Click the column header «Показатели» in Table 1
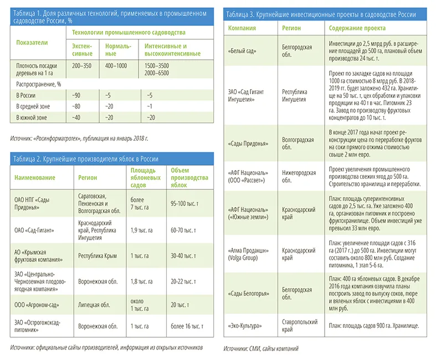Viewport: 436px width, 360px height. coord(32,43)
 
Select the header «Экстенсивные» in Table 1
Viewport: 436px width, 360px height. coord(82,50)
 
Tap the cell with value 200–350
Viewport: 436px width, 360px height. coord(82,65)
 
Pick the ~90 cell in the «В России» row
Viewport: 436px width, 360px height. coord(76,95)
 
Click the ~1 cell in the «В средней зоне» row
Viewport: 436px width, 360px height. coord(150,106)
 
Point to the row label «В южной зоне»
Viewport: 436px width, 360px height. coord(32,117)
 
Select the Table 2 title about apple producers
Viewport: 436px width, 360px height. coord(86,159)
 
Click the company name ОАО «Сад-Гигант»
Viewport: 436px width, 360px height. coord(34,230)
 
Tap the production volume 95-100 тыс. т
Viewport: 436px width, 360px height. coord(184,203)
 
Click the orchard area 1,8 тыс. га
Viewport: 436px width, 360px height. coord(141,281)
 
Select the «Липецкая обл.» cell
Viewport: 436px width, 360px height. coord(94,305)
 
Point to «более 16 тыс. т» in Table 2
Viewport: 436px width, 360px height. coord(187,326)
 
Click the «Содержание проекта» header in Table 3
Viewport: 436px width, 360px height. coord(357,28)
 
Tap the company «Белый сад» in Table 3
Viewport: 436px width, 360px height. coord(242,51)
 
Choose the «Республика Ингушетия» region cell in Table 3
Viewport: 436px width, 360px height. coord(295,95)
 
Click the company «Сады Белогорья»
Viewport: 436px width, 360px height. coord(249,294)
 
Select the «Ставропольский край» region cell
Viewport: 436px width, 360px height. coord(300,326)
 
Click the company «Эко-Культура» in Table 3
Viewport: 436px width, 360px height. coord(245,326)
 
